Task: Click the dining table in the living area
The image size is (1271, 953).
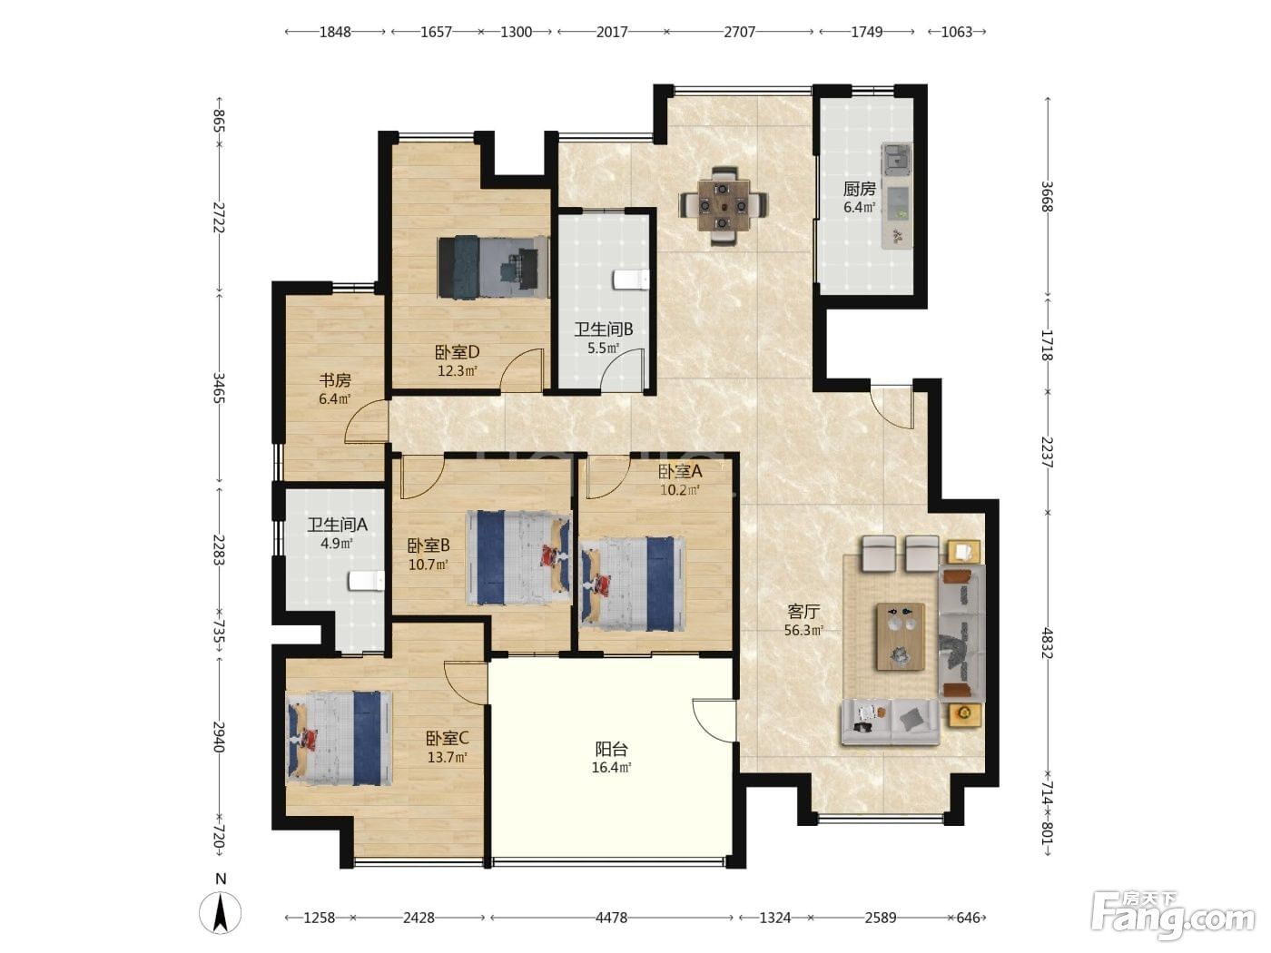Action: click(724, 205)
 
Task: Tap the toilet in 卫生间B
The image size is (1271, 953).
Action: click(631, 280)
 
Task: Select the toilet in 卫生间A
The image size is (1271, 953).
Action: click(366, 580)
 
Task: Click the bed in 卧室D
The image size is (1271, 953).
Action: click(493, 266)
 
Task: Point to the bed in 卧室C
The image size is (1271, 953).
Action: click(339, 738)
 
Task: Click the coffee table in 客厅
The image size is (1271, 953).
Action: click(900, 636)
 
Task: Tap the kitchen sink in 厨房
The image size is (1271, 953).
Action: click(896, 159)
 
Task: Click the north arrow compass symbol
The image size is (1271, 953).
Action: click(220, 912)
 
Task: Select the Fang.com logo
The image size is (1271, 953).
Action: click(1174, 918)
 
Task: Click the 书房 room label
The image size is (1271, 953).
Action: click(335, 380)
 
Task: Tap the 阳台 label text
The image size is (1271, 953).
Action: click(612, 750)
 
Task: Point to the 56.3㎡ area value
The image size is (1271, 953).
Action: click(803, 630)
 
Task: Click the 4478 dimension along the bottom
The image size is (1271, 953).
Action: click(612, 918)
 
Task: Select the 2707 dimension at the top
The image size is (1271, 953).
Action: click(739, 32)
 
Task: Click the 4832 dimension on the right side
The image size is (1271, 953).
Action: click(1047, 643)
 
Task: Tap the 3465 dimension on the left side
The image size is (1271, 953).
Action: click(219, 388)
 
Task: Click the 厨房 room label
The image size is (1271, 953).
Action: click(860, 189)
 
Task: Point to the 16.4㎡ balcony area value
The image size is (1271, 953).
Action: click(612, 768)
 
